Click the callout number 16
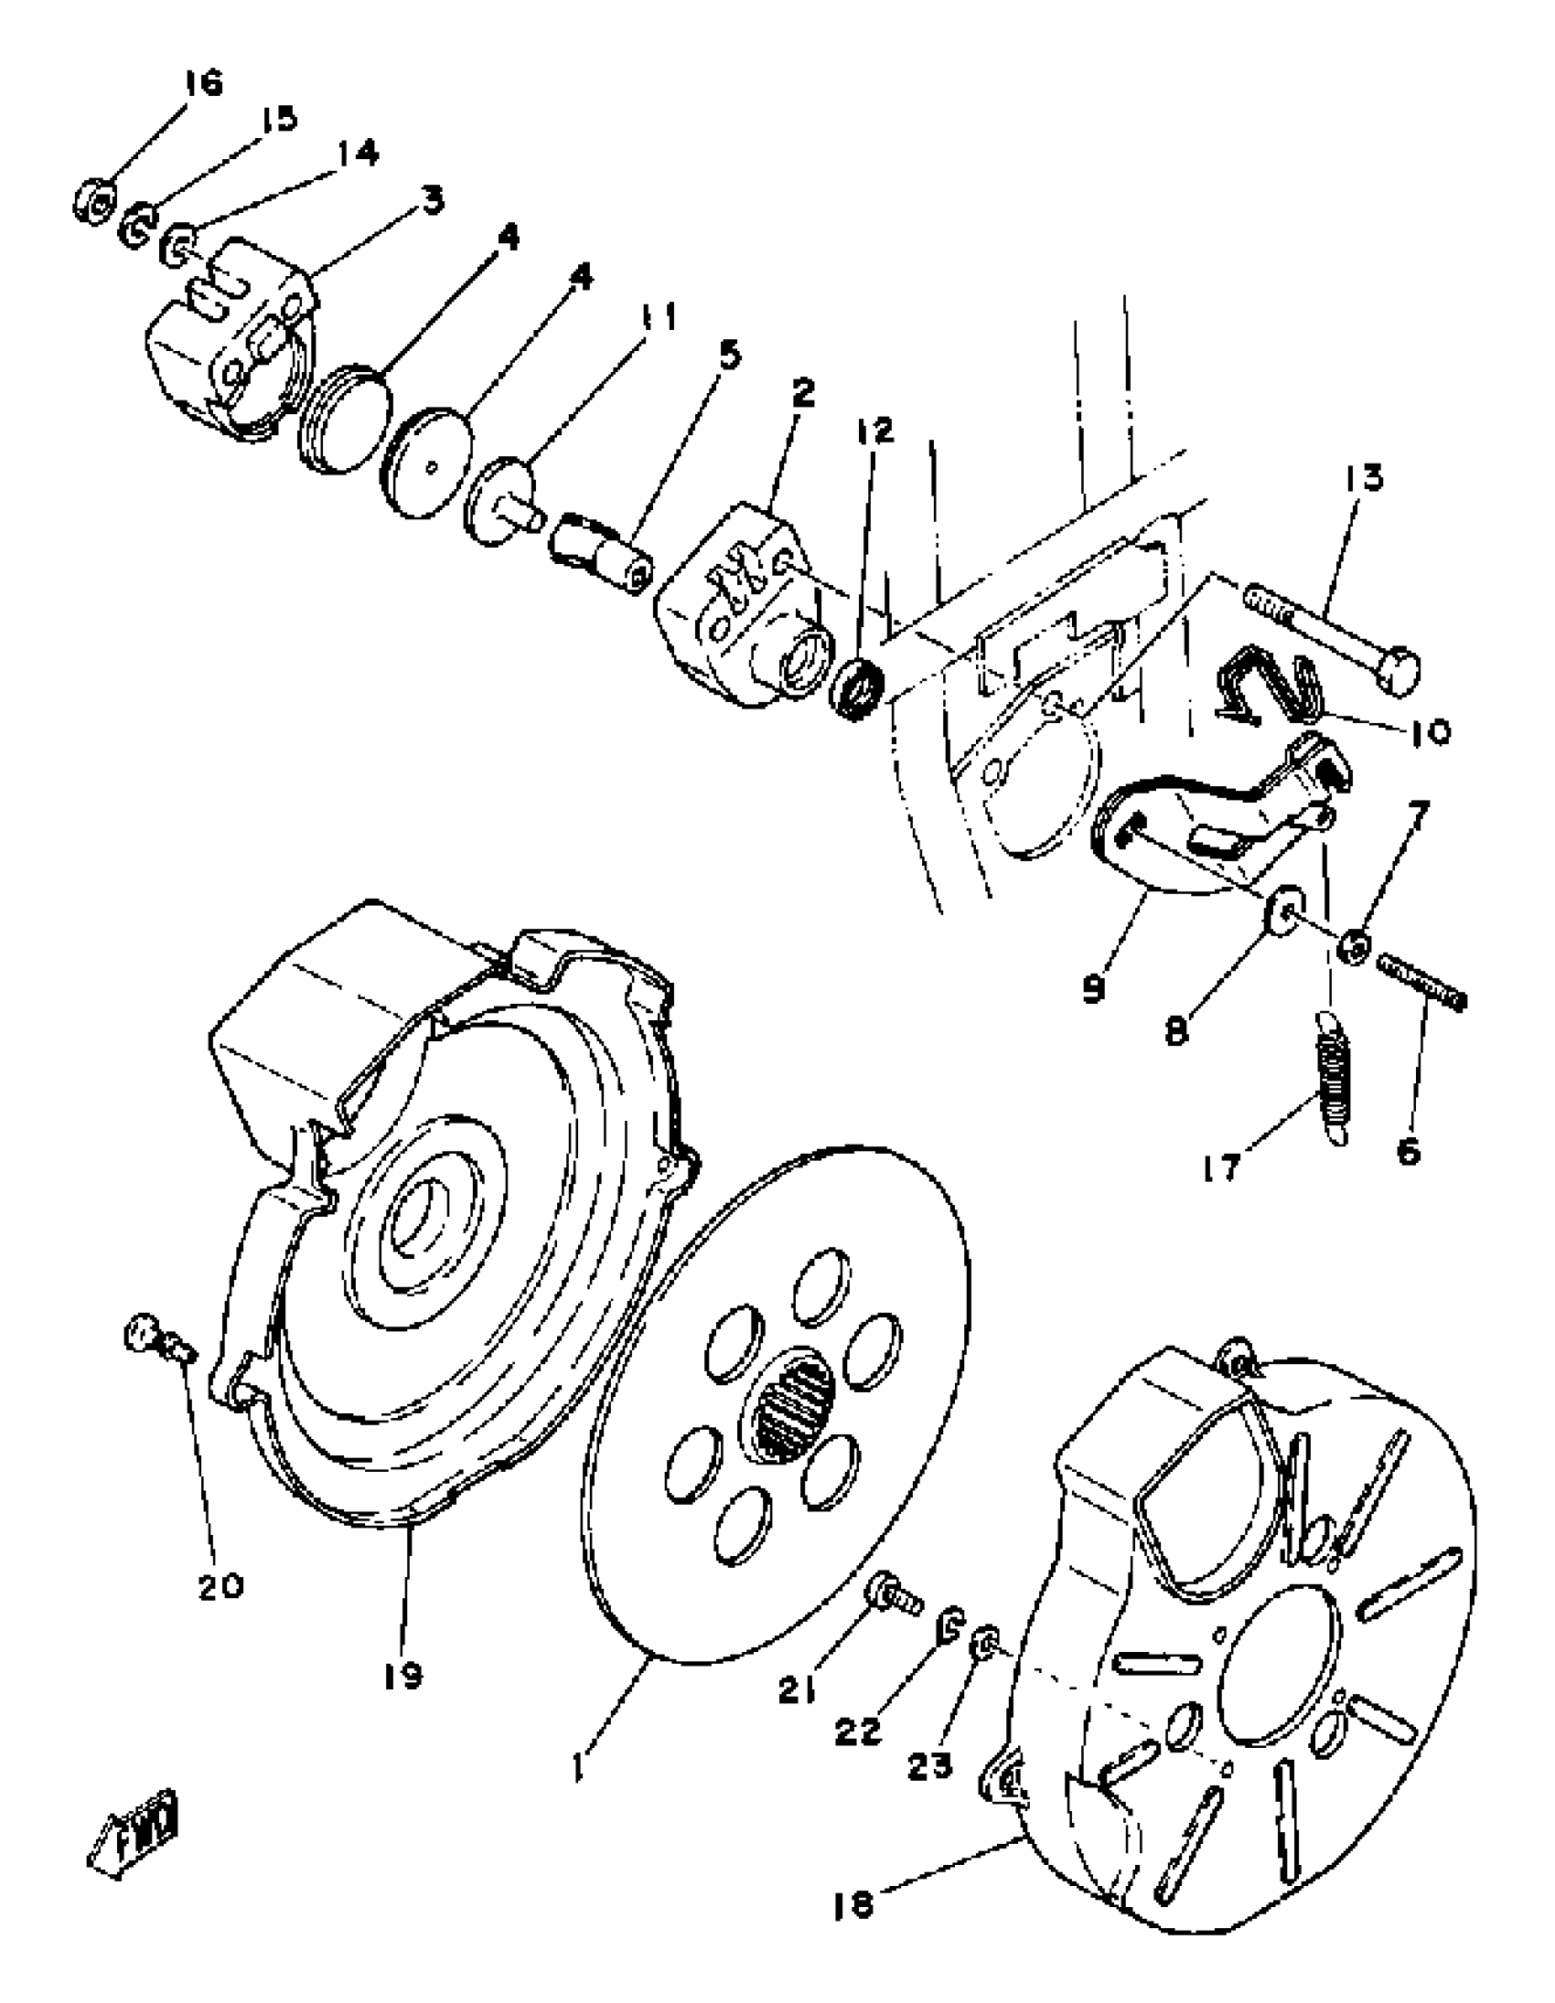(203, 84)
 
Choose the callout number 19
(402, 1677)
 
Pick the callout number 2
(801, 394)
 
